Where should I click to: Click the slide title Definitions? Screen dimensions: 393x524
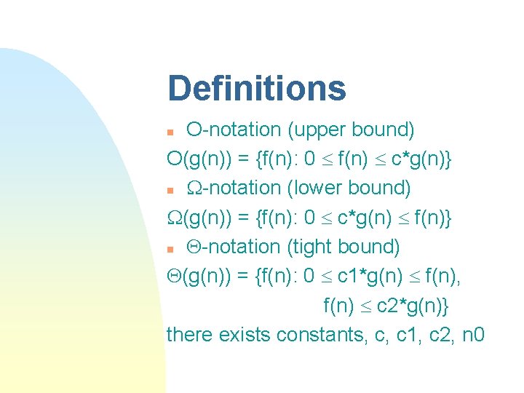pos(256,89)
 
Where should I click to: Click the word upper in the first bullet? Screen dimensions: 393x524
pos(314,130)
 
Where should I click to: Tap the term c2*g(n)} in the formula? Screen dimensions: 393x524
pos(413,306)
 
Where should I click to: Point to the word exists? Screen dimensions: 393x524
pos(243,335)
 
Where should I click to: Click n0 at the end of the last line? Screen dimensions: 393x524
pos(474,335)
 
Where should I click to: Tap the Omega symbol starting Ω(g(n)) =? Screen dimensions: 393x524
pos(175,218)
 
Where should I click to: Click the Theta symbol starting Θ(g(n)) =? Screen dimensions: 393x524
pos(174,277)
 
